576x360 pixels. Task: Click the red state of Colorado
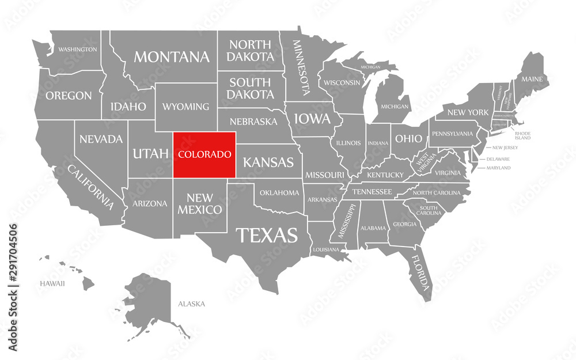pos(204,154)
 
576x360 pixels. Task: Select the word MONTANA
pos(172,57)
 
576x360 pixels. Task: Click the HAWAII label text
pos(52,283)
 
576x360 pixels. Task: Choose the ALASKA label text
pos(191,304)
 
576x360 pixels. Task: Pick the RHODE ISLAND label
pos(522,135)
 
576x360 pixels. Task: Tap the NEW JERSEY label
pos(505,147)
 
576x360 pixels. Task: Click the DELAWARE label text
pos(498,158)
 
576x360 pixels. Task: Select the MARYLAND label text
pos(498,168)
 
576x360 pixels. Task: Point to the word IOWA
pos(313,119)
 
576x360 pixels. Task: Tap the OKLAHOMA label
pos(279,192)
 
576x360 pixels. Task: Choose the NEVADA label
pos(101,139)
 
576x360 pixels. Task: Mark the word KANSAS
pos(268,162)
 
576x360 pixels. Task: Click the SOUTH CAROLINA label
pos(430,210)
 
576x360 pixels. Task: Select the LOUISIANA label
pos(326,250)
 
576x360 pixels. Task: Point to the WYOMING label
pos(185,107)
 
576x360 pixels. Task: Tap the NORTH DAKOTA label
pos(250,51)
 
